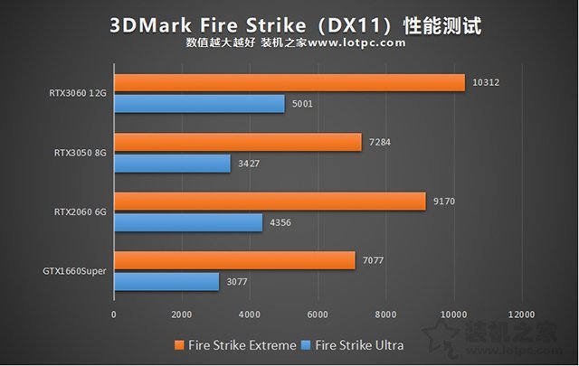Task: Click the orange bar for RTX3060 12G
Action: [x=289, y=83]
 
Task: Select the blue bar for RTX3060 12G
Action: [x=199, y=105]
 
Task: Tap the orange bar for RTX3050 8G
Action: [x=237, y=143]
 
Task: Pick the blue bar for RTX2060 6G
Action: [x=188, y=222]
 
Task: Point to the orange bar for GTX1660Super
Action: [x=234, y=260]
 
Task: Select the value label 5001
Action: [x=303, y=105]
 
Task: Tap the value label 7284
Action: [x=378, y=143]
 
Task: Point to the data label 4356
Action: [x=280, y=222]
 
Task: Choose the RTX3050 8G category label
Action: [x=81, y=153]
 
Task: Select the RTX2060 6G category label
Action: [x=81, y=212]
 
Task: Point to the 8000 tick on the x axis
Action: [x=385, y=314]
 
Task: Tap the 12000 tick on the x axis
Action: [x=521, y=314]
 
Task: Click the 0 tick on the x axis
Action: [x=114, y=314]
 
